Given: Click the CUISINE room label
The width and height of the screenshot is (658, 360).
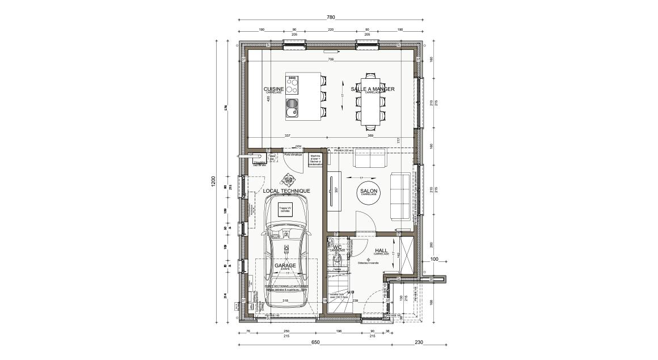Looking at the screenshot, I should pos(274,90).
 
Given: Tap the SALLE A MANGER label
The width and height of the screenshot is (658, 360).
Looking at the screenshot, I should pos(372,90).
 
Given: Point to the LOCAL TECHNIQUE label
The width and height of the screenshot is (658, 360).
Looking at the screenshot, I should pos(287,192).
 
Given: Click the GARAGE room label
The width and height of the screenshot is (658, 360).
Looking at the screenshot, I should pos(285,265).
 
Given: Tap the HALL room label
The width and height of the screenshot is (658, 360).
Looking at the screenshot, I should pos(381,250).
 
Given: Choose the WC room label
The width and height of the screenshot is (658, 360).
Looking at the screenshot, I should pos(336,248).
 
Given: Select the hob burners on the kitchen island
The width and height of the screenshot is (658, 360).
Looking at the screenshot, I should pos(292,85).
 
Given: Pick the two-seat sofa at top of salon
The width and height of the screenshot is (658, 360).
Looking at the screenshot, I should pos(370,159).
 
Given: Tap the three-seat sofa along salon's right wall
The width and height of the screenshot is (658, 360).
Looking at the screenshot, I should pos(401,196).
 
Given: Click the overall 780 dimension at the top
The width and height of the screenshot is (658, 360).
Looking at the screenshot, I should pos(331,17).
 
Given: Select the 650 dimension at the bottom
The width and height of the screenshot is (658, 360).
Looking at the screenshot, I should pos(315,342).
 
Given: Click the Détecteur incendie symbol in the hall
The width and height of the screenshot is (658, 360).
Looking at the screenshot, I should pos(369,260).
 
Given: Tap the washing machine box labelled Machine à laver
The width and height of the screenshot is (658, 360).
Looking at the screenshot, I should pos(315,160).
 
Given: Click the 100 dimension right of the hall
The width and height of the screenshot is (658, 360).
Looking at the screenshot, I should pos(435,259).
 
